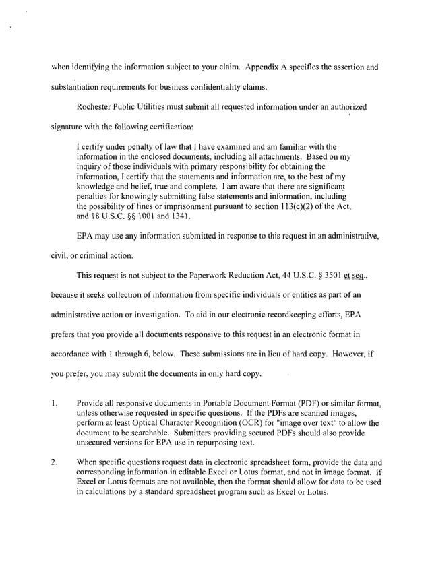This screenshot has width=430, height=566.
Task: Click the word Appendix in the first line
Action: (264, 67)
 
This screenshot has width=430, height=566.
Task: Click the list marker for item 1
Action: (52, 404)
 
